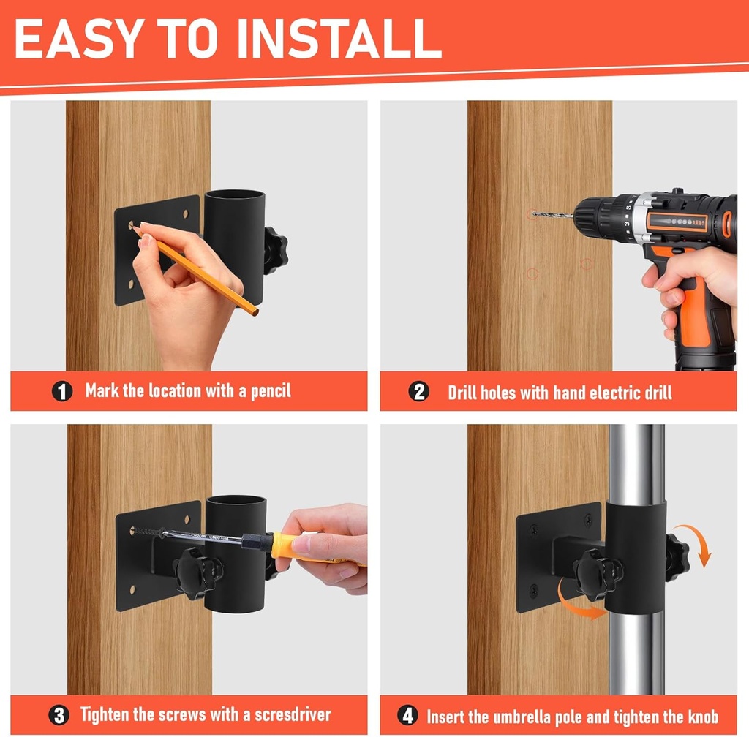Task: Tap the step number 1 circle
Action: (62, 391)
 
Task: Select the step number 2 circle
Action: (419, 392)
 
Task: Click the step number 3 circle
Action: (59, 716)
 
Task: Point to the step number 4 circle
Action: (407, 716)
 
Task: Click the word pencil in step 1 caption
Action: (271, 391)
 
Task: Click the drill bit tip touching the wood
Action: (534, 214)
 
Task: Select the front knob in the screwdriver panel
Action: (197, 572)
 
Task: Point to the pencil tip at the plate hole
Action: (135, 227)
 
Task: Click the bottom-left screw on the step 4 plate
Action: (534, 592)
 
